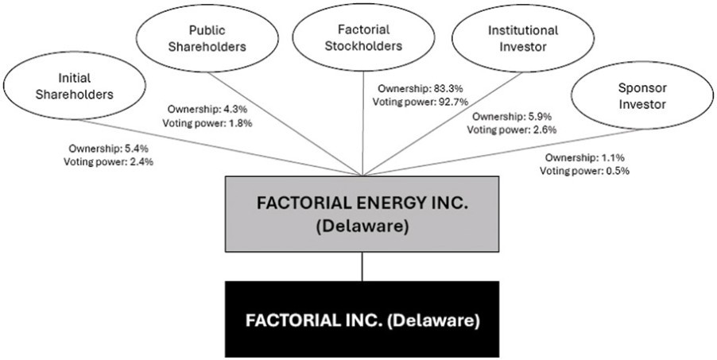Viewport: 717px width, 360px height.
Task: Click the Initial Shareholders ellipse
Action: point(74,86)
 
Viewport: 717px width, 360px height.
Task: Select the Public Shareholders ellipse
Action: point(207,38)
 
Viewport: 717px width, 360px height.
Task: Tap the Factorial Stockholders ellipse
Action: point(363,38)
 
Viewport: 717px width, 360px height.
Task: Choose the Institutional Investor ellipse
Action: point(523,38)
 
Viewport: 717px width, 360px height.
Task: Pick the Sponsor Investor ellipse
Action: point(642,95)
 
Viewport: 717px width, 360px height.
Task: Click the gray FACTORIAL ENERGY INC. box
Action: point(362,214)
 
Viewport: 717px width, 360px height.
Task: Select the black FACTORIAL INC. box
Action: point(362,319)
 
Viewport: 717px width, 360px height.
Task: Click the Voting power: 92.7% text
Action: point(421,102)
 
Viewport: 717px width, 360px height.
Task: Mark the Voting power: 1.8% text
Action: point(207,122)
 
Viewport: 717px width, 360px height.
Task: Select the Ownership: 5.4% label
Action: point(109,148)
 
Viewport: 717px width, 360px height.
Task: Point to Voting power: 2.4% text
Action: point(108,161)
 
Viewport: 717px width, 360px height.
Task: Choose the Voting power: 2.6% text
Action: point(512,130)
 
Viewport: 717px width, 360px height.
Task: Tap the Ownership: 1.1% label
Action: point(585,158)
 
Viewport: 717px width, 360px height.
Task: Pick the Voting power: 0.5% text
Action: point(584,171)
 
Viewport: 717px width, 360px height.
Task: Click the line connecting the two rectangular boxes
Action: point(362,267)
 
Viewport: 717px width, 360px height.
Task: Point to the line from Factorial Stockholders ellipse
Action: point(363,123)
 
